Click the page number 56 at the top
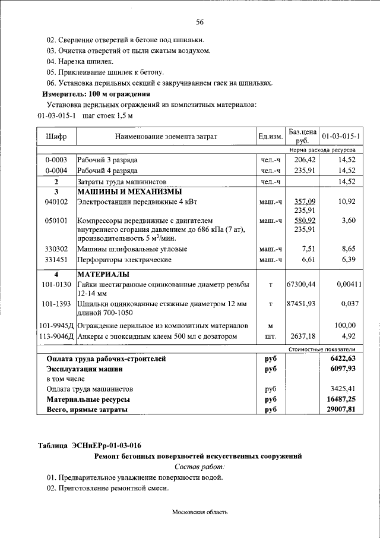[x=200, y=23]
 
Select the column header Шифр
[x=56, y=136]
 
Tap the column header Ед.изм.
[x=270, y=136]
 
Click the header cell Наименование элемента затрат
[x=166, y=136]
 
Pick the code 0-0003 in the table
[x=56, y=160]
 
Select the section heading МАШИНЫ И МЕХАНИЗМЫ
[x=129, y=191]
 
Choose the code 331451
[x=56, y=260]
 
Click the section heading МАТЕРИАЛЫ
[x=103, y=275]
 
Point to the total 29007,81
[x=342, y=410]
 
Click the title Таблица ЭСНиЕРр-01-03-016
[x=90, y=445]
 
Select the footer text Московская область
[x=200, y=511]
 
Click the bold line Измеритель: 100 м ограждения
[x=96, y=94]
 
